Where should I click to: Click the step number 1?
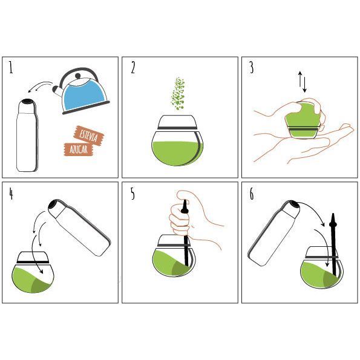tap(11, 67)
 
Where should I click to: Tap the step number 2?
tap(133, 68)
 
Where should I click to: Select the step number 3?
tap(252, 68)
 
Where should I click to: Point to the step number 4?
tap(11, 194)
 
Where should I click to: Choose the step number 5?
tap(133, 194)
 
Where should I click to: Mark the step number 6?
tap(252, 194)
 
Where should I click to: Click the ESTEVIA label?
tap(88, 136)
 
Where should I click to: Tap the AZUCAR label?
tap(79, 149)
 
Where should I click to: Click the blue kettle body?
tap(85, 95)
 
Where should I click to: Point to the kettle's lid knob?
tap(78, 76)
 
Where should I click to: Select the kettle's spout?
tap(57, 91)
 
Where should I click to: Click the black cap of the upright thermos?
tap(27, 101)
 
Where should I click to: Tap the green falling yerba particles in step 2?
tap(178, 94)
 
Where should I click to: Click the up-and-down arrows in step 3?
tap(303, 82)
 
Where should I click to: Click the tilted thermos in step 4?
tap(79, 227)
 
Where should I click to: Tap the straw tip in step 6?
tap(333, 215)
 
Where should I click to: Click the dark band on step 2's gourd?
tap(177, 128)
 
